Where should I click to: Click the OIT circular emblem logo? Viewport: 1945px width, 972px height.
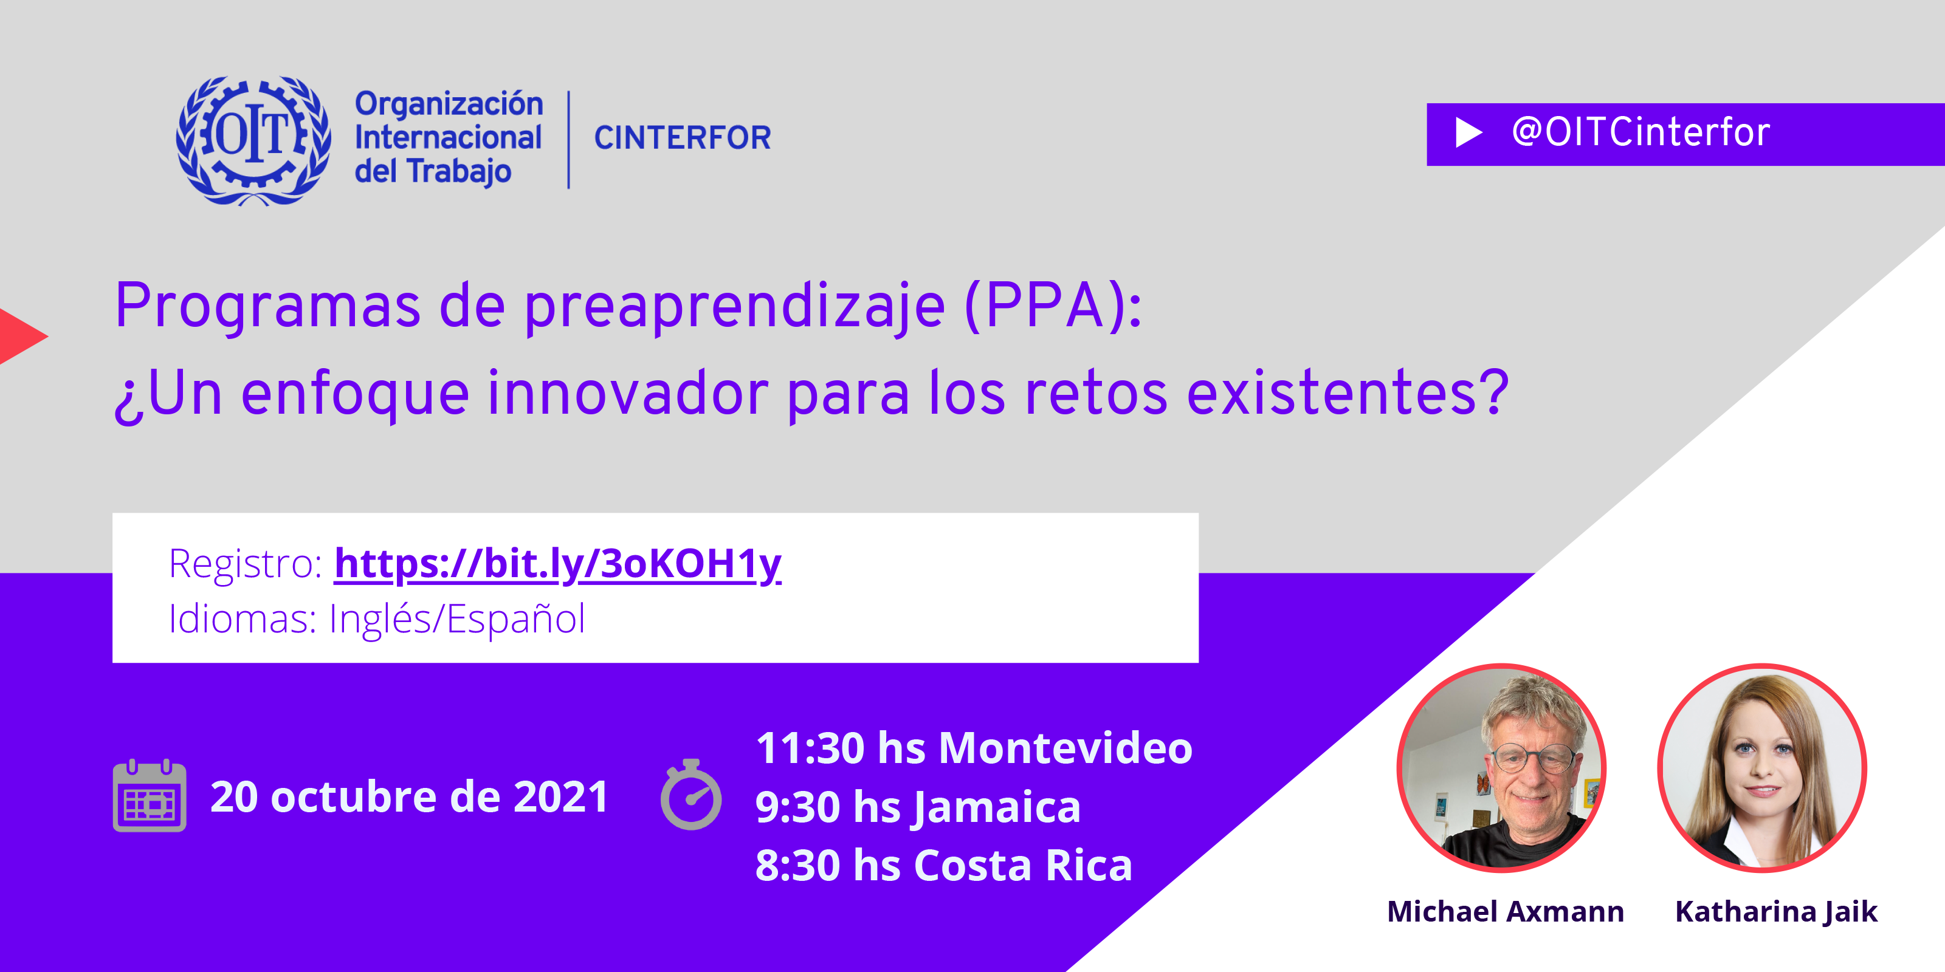[253, 140]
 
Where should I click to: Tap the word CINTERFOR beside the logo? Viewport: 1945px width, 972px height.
[683, 138]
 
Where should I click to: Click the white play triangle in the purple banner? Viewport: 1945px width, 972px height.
[1468, 133]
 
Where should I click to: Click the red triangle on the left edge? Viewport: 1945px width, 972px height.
[21, 337]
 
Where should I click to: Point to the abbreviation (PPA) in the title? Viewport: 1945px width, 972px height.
[1053, 306]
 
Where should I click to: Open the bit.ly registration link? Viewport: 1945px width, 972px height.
[557, 564]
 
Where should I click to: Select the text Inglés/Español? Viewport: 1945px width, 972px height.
[457, 619]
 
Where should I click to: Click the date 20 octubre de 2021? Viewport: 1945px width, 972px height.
[409, 796]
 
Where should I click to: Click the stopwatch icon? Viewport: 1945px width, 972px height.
[691, 794]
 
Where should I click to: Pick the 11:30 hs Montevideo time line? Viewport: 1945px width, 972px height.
[974, 748]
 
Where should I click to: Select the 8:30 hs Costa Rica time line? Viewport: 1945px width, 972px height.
[944, 865]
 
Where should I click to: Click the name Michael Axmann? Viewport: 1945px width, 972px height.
[1505, 912]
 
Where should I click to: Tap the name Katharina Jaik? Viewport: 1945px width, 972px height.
[1776, 912]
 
